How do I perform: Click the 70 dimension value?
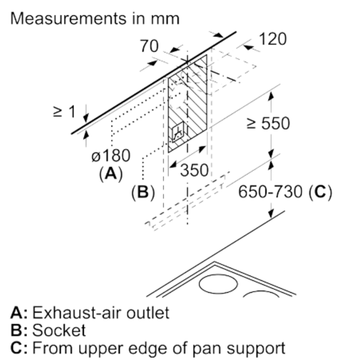[149, 46]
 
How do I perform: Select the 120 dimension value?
[272, 39]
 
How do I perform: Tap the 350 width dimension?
[194, 171]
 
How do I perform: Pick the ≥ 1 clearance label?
[65, 112]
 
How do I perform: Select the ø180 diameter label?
[111, 156]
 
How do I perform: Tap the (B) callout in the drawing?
[143, 192]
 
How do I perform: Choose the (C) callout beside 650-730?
[320, 192]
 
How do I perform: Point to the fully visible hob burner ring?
[218, 284]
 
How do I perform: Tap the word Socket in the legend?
[59, 330]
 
